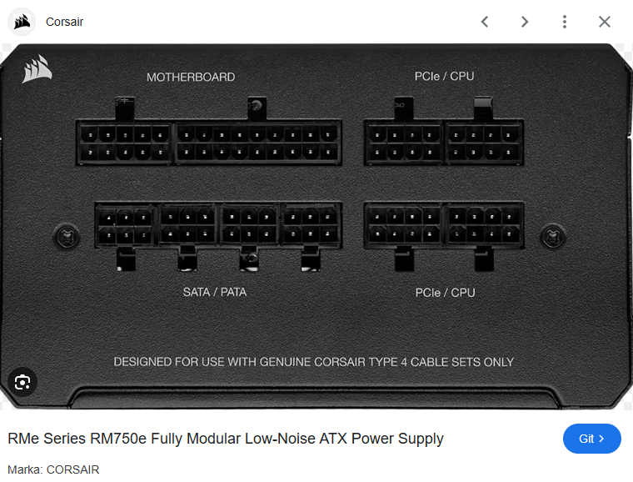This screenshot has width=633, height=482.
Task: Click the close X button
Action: point(605,22)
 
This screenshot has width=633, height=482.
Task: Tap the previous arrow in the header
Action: point(485,22)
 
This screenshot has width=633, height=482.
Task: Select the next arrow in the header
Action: point(525,22)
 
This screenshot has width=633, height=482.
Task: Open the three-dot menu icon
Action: point(565,22)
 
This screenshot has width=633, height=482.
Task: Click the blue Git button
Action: point(592,439)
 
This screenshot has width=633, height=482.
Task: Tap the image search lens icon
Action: point(22,382)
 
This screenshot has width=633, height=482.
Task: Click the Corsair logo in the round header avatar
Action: point(22,22)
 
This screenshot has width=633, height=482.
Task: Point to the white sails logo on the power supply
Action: point(37,69)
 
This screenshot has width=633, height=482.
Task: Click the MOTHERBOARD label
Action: point(191,78)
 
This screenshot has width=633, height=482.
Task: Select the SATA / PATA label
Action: point(214,292)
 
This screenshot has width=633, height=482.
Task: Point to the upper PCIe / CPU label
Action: point(444,77)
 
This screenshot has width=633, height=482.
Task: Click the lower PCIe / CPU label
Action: point(445,293)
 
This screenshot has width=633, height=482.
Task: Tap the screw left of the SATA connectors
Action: point(67,237)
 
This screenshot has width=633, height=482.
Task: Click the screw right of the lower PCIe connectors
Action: point(553,236)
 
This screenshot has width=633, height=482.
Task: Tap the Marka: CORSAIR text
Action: point(53,469)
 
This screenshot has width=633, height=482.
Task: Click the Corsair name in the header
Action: point(64,22)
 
